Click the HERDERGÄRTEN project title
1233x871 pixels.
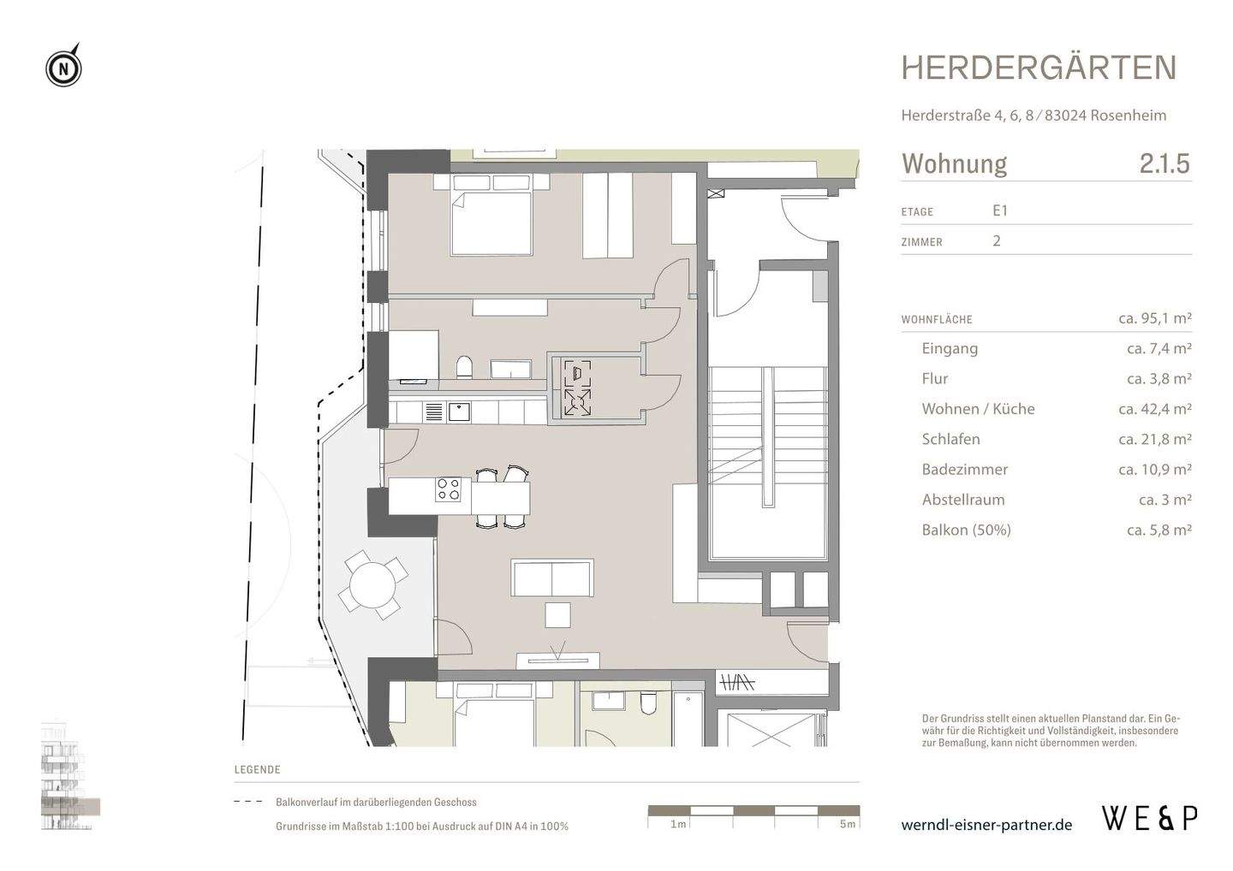1039,68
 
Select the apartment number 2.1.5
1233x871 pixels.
1164,163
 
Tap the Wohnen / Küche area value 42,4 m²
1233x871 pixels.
1154,409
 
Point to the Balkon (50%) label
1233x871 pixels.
966,530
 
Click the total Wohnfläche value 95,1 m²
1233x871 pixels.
1154,318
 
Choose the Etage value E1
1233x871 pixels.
1000,210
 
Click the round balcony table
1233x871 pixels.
372,585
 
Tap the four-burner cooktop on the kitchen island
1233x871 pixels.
449,489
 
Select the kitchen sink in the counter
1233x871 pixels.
460,412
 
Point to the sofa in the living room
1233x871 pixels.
552,578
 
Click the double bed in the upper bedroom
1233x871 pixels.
491,222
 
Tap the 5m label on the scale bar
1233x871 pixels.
847,824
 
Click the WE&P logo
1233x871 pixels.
1150,818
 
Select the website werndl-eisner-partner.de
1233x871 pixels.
986,825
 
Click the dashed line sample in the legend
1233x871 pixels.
248,803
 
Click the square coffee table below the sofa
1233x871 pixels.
557,615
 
